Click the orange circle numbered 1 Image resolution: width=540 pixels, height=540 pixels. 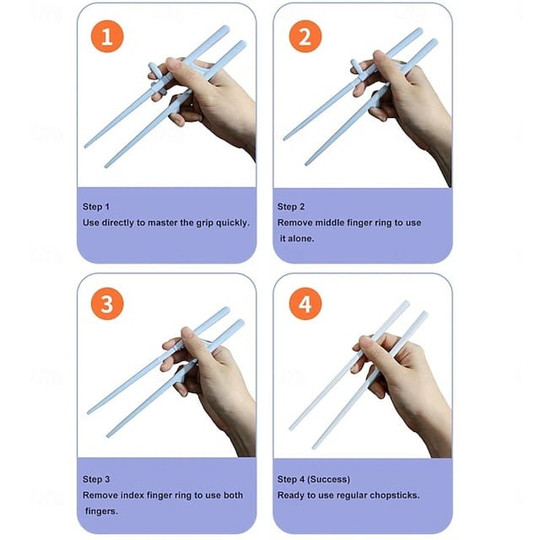(x=107, y=36)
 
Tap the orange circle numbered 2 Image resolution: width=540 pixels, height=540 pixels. (x=305, y=36)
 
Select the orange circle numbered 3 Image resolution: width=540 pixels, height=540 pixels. (x=107, y=304)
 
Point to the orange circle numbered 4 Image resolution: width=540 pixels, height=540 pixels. (x=305, y=304)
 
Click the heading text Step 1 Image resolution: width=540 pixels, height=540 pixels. (x=96, y=207)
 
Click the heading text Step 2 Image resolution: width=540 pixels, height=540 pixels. (x=291, y=207)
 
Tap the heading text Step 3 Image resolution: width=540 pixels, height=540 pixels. (x=96, y=479)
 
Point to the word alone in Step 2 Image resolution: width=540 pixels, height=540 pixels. (x=301, y=239)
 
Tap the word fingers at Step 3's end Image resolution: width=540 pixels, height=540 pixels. (x=102, y=512)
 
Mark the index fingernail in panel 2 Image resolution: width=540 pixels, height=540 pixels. (x=379, y=57)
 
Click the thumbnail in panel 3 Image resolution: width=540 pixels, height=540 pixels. (x=188, y=334)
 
